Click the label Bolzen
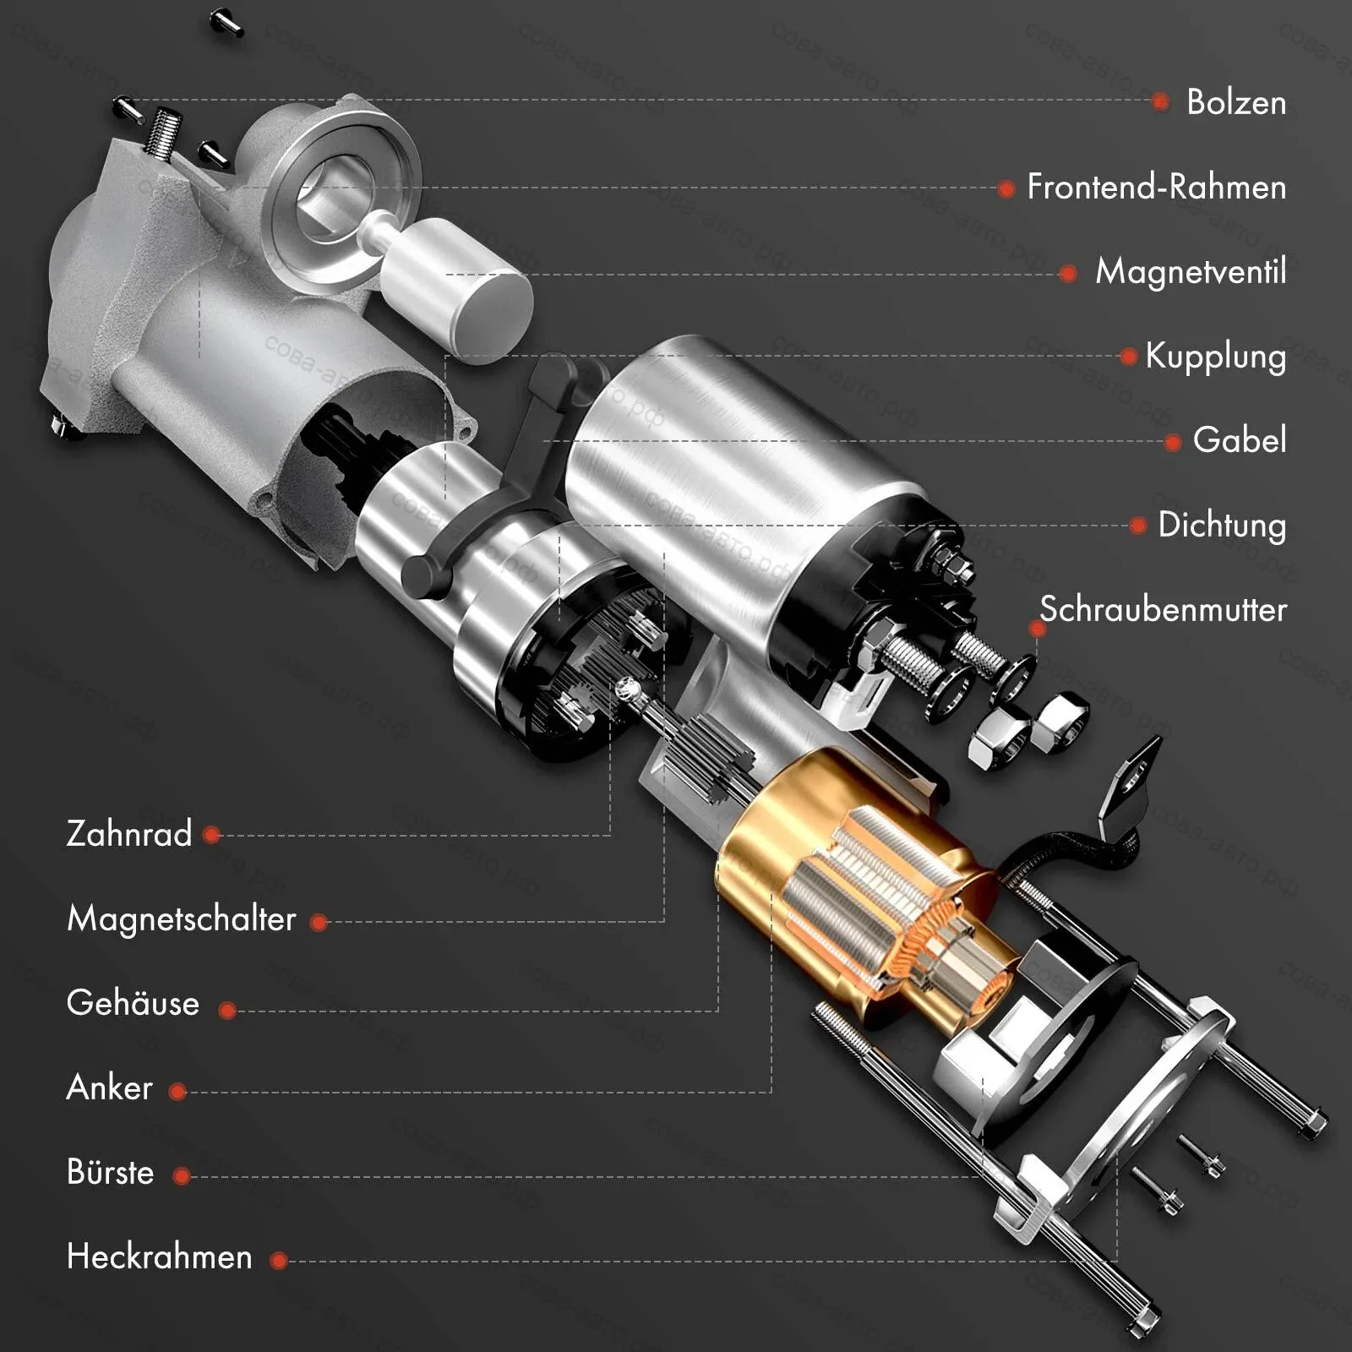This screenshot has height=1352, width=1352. [x=1236, y=102]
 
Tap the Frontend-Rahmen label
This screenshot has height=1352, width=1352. [x=1157, y=187]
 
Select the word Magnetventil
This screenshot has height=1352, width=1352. [x=1191, y=271]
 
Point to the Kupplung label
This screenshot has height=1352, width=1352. [x=1216, y=357]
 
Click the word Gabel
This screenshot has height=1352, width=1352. [x=1240, y=440]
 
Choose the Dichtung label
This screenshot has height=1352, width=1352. [x=1222, y=526]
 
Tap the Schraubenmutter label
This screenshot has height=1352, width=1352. [x=1163, y=609]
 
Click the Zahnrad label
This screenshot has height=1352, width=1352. [x=129, y=834]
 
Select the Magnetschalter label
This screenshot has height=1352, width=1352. [x=181, y=919]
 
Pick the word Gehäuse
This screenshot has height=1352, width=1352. [x=133, y=1003]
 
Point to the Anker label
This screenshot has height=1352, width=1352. [x=109, y=1088]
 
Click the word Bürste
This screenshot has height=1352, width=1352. [x=110, y=1172]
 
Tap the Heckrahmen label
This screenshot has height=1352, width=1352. [x=159, y=1257]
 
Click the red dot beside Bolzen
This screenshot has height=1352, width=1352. [x=1160, y=102]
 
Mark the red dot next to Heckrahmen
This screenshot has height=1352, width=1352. [x=279, y=1261]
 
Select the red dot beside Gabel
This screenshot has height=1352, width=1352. [x=1172, y=442]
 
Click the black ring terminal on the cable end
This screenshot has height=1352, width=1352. [x=1130, y=782]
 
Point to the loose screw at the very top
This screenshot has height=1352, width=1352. [x=226, y=22]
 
